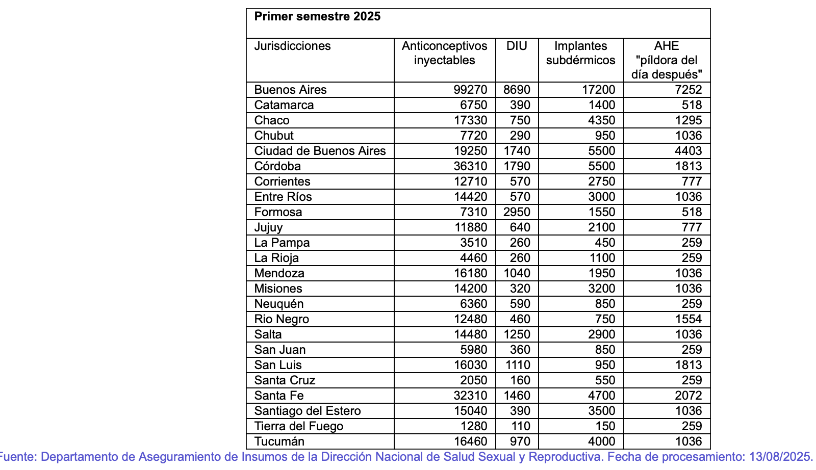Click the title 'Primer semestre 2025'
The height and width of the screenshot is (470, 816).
pos(317,16)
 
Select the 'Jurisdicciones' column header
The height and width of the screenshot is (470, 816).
pos(292,46)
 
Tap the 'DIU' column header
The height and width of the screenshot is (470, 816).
pos(517,46)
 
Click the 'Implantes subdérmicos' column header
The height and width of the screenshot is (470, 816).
pos(580,53)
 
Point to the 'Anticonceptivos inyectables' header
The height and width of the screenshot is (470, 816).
pos(444,53)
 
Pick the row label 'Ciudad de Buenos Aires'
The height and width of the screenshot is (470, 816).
pos(320,151)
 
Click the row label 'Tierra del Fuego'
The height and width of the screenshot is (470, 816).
pos(298,426)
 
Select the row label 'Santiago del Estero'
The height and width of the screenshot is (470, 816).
pos(307,411)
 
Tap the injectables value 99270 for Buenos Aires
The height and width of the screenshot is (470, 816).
pos(470,90)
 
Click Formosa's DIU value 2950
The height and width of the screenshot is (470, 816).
pos(517,212)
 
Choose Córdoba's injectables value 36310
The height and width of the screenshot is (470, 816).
pos(470,166)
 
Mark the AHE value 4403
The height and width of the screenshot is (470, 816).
pos(688,151)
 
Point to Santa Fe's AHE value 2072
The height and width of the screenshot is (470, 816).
pos(688,396)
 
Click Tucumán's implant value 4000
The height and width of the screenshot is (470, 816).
pos(602,441)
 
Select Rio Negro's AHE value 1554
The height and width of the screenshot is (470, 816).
pos(688,319)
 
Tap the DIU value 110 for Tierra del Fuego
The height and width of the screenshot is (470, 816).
pos(520,426)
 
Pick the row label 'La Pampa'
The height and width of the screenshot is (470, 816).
pos(282,243)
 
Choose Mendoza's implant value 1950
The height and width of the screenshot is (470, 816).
pos(602,273)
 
